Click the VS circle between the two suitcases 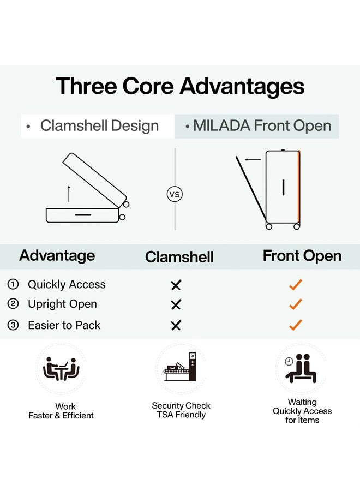coord(175,194)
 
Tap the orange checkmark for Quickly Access coord(295,284)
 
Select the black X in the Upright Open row coord(176,304)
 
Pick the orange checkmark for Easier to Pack coord(295,325)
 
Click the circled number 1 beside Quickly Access coord(13,284)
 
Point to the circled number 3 coord(13,325)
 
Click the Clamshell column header coord(179,257)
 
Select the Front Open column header coord(302,256)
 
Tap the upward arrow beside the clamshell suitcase coord(69,194)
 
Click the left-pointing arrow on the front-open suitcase coord(253,160)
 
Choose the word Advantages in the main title coord(242,86)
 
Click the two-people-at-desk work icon coord(61,369)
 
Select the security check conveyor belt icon coord(181,367)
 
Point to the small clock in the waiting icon coord(289,361)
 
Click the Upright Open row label coord(62,304)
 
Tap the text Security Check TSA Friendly coord(181,410)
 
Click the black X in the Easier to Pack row coord(176,326)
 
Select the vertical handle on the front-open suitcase coord(283,187)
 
